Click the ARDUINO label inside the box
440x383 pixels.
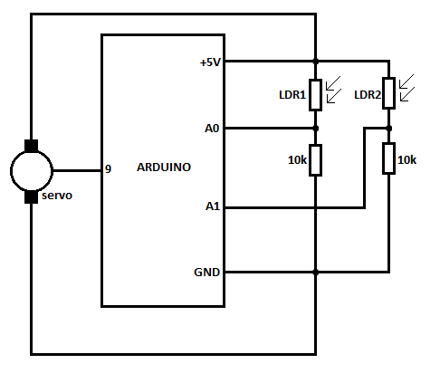163,168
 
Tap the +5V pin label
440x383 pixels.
210,62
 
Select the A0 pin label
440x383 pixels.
212,129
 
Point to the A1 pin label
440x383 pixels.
212,207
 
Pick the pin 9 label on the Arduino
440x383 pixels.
108,169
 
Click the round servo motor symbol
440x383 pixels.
31,170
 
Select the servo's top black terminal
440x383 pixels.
31,145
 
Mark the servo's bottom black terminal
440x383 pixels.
31,196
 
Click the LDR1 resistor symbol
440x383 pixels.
315,95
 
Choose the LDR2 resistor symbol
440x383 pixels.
388,95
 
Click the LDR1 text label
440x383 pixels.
292,94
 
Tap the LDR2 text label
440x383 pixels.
367,94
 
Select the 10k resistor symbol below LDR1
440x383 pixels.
315,160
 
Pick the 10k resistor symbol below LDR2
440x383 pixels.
388,160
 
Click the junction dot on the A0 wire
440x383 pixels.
315,129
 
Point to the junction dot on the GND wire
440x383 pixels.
315,272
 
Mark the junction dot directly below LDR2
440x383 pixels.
388,129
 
